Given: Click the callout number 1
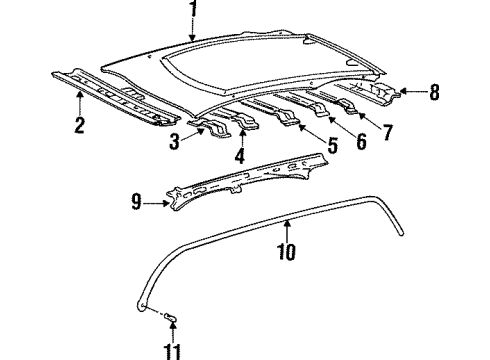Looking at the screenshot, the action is [x=193, y=11].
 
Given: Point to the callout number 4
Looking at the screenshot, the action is [x=239, y=157].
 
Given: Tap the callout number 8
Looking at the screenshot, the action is [x=434, y=94].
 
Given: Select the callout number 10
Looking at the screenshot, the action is [x=286, y=253].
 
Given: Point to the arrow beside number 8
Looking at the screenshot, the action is [x=412, y=93].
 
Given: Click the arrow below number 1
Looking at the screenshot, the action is [x=193, y=32].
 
